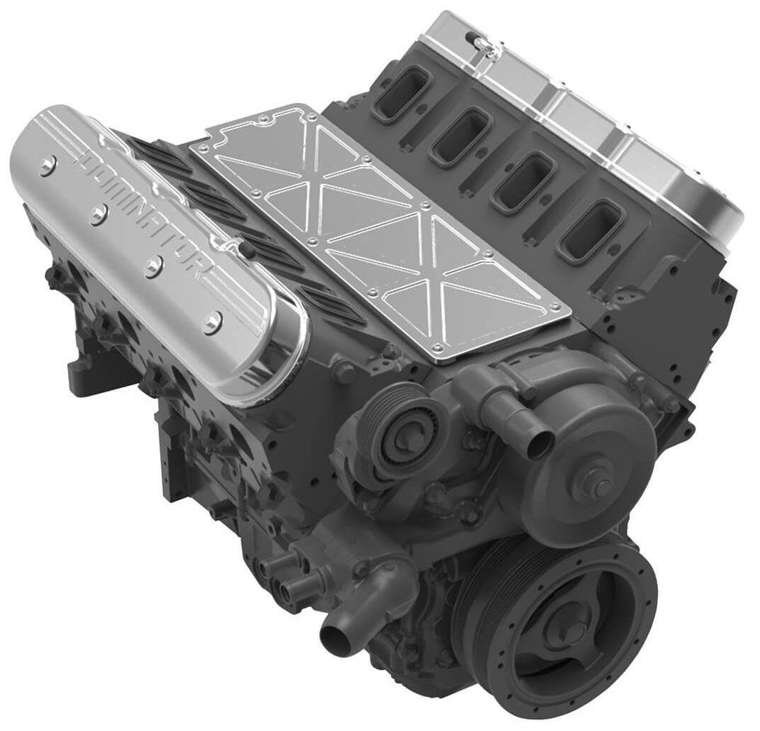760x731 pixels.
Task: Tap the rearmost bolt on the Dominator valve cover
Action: tap(48, 166)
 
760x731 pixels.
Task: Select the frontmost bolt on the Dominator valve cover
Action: tap(210, 325)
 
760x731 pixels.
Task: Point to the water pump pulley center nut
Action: tap(600, 488)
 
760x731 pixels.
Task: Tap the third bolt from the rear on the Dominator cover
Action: tap(152, 266)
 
